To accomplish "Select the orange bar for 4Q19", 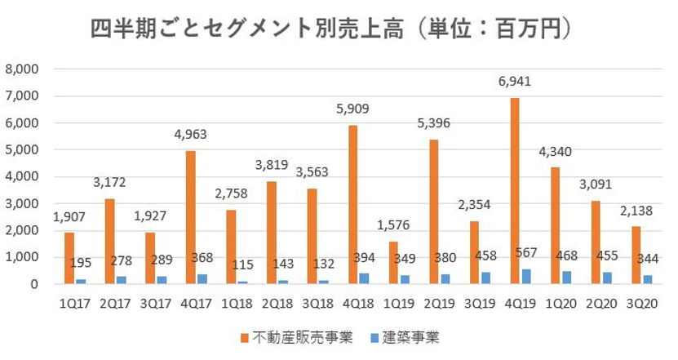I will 515,191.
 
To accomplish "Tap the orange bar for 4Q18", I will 352,205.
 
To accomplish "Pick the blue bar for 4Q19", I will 524,277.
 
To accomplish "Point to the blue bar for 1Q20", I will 565,278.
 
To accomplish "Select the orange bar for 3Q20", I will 636,255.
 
